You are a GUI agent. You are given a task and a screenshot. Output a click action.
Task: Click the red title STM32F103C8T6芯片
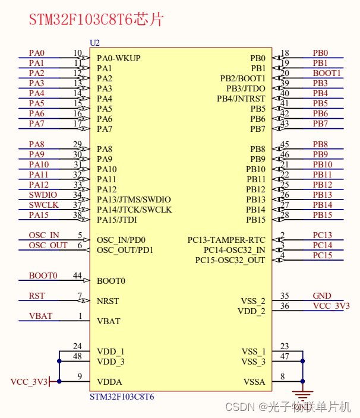point(96,19)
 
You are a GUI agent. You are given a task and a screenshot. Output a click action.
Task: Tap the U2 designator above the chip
point(94,43)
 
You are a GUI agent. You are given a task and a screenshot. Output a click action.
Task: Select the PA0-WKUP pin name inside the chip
point(119,58)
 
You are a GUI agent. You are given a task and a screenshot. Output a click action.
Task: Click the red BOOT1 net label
point(327,73)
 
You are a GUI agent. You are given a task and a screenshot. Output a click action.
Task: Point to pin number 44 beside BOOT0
point(77,275)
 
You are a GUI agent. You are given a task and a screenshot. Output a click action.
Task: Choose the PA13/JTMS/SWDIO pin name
point(134,199)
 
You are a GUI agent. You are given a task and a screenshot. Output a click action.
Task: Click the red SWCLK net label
point(44,205)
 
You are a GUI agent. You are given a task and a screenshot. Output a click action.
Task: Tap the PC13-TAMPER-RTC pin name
point(226,240)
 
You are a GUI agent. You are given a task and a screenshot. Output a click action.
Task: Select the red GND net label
point(322,296)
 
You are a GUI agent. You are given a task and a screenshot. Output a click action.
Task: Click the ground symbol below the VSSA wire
point(302,394)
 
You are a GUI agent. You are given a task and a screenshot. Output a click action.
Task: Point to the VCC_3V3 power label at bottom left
point(29,382)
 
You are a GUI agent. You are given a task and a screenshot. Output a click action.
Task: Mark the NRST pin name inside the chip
point(108,301)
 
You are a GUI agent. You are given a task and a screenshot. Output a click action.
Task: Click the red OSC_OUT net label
point(48,245)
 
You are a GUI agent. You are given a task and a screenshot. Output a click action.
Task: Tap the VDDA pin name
point(109,382)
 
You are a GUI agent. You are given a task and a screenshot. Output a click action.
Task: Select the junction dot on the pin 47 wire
point(302,361)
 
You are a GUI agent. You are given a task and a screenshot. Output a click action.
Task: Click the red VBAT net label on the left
point(40,316)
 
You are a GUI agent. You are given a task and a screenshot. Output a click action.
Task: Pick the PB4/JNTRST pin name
point(241,99)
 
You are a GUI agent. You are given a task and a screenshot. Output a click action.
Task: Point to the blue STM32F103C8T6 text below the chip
point(122,397)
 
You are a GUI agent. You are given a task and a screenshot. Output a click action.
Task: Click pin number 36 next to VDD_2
point(285,306)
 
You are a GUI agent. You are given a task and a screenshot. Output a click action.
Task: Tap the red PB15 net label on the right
point(323,215)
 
